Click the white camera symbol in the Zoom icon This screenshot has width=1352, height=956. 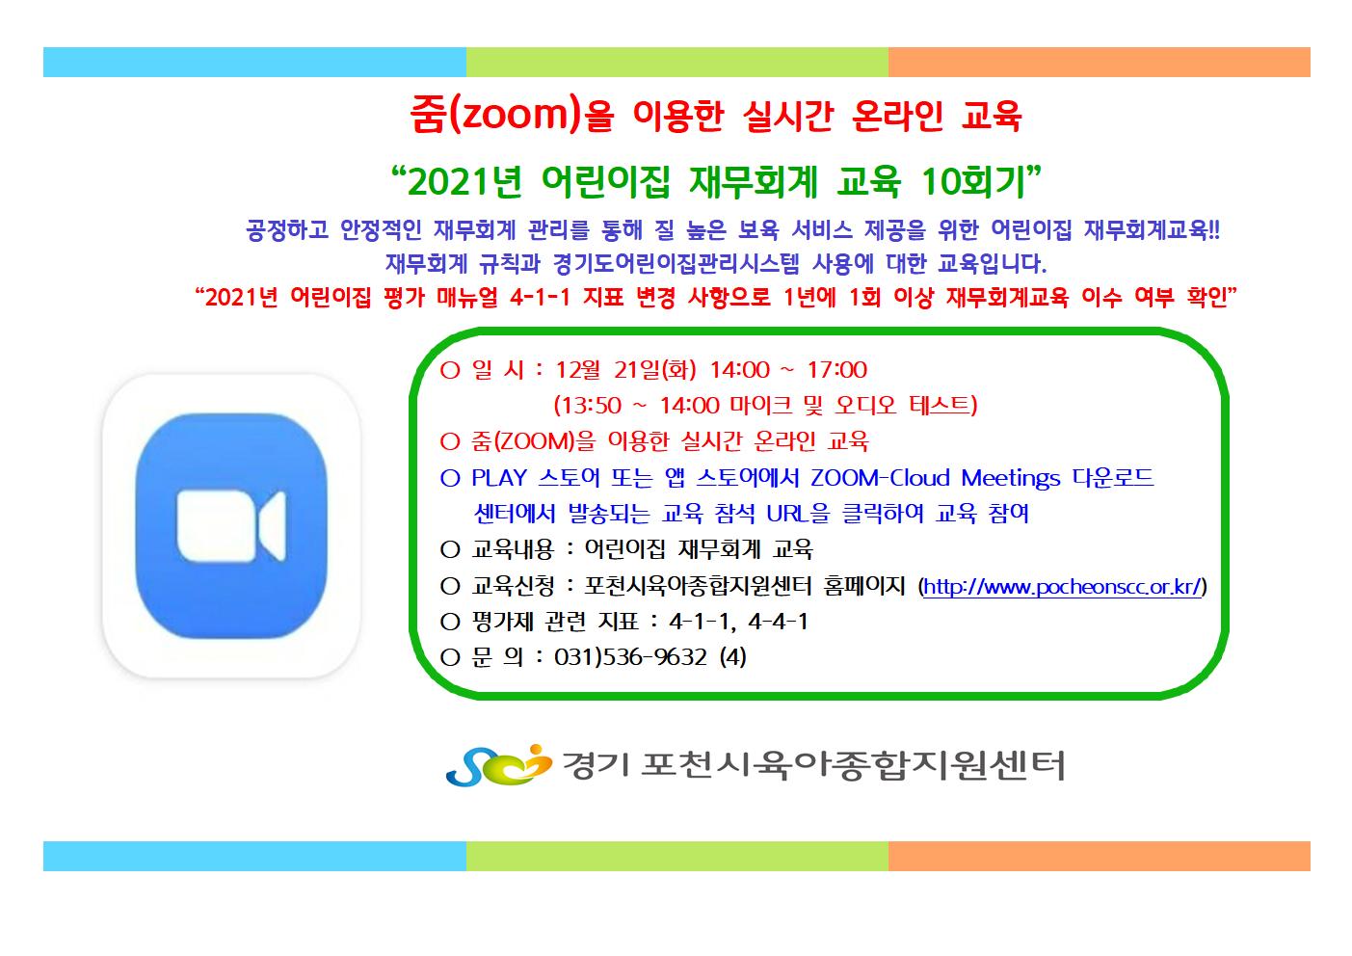tap(231, 525)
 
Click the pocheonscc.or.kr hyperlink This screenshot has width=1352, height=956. tap(1063, 587)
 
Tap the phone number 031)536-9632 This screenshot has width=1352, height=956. tap(631, 656)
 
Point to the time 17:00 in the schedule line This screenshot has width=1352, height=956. tap(837, 369)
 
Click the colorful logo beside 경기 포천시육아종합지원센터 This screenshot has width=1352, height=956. tap(498, 765)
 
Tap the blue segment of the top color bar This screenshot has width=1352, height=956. tap(254, 63)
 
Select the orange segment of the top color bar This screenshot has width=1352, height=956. tap(1099, 63)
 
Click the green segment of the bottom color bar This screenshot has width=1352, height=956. tap(676, 856)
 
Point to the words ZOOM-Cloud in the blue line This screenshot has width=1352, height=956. tap(880, 477)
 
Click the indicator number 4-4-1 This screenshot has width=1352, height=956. tap(778, 621)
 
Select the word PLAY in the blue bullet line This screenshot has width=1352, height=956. tap(499, 477)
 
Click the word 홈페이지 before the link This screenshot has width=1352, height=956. tap(864, 586)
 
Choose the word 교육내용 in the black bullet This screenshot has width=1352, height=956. tap(513, 549)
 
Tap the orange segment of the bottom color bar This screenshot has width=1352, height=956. tap(1099, 856)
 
